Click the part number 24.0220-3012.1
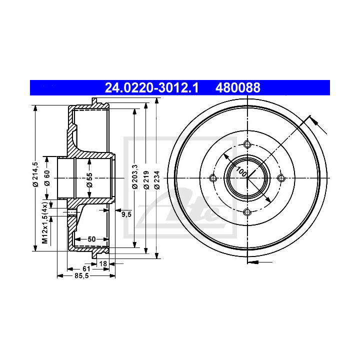click(151, 87)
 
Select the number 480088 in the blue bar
click(238, 87)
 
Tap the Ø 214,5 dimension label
click(35, 174)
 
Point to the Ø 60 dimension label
click(47, 178)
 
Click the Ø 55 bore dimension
click(89, 180)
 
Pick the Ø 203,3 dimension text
click(135, 177)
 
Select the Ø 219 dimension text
click(146, 180)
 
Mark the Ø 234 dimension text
click(157, 180)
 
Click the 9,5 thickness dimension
click(126, 214)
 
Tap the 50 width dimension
click(91, 239)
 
